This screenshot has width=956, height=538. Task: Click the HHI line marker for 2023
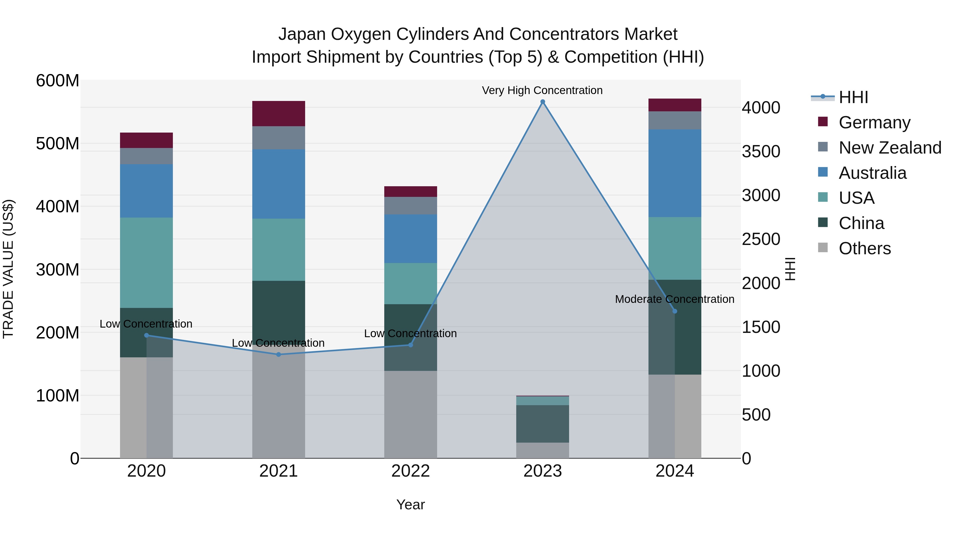click(x=543, y=102)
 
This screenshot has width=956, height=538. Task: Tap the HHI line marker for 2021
click(x=279, y=355)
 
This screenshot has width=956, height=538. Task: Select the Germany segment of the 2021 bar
click(x=279, y=114)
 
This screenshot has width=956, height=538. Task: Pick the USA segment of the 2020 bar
click(x=146, y=262)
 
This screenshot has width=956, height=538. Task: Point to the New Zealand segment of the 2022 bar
click(x=411, y=206)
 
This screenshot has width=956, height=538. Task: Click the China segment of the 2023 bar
click(x=543, y=424)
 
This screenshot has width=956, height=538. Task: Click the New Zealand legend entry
click(x=890, y=148)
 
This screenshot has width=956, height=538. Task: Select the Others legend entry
click(x=864, y=248)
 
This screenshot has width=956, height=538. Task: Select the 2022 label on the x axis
click(x=411, y=471)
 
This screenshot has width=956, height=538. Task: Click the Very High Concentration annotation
click(x=542, y=90)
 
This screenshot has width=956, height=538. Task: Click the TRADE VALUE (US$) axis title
click(x=8, y=269)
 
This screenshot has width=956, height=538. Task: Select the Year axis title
click(x=411, y=505)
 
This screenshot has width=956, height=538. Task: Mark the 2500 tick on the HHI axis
click(x=761, y=239)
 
